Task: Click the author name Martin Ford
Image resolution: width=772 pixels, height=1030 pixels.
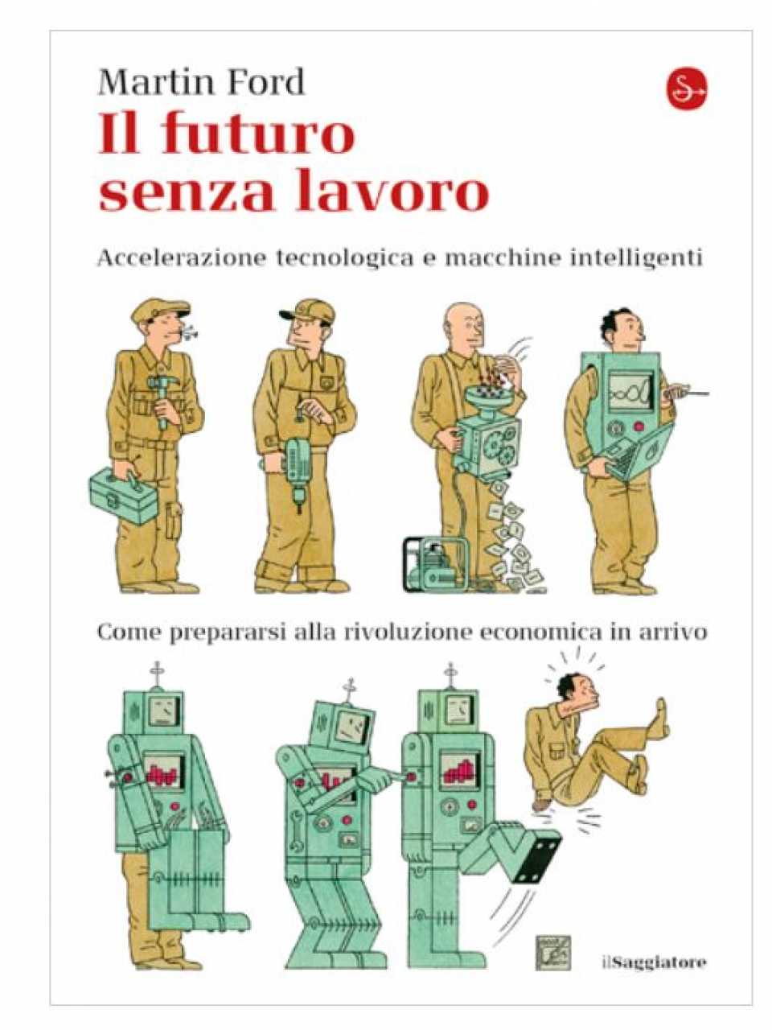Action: pos(201,82)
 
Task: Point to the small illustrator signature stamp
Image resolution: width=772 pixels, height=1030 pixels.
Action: pos(554,951)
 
